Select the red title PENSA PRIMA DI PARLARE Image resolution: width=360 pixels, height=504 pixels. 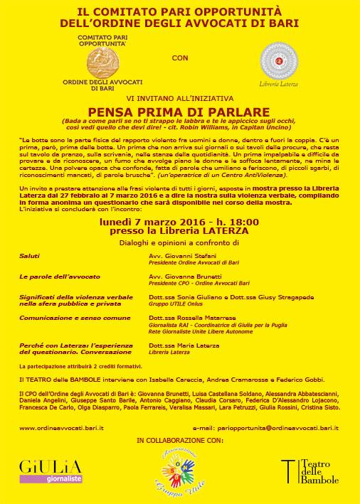click(x=179, y=112)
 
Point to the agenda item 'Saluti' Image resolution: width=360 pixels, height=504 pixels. click(x=30, y=254)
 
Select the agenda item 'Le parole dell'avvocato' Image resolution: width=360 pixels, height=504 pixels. click(x=50, y=274)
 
